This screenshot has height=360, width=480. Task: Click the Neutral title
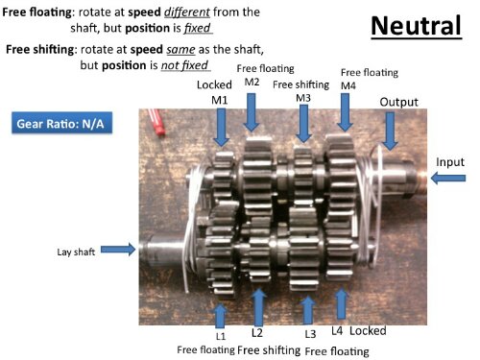416,26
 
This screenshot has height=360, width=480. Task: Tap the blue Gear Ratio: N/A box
62,123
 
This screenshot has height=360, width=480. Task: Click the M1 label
220,100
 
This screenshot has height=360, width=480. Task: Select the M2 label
252,82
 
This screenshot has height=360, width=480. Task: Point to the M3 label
303,98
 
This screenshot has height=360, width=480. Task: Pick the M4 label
348,85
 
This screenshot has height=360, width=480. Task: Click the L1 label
221,336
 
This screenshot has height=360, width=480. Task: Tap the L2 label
257,333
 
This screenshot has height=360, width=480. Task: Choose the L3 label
310,334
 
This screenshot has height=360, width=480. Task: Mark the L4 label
337,331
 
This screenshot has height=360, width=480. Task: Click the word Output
398,102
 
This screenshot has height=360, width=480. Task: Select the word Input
450,162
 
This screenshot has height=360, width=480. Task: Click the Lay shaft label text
76,252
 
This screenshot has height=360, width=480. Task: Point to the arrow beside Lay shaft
118,250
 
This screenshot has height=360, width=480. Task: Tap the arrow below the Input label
448,178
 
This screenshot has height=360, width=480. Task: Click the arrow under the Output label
390,131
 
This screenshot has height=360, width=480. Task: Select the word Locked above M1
214,84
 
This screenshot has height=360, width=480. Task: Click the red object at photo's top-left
156,122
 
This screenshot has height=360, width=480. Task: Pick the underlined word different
187,12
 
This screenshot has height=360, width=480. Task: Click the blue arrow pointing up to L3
308,310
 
